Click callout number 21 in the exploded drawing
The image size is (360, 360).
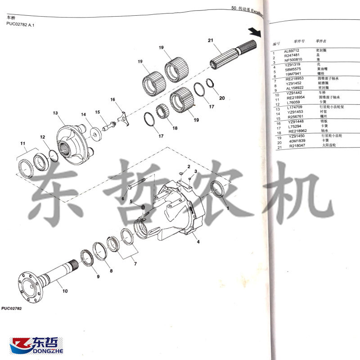pos(210,41)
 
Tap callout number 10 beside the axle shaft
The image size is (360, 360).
pos(65,291)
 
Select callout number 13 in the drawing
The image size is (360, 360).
pos(55,113)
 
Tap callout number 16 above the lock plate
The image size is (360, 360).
pos(112,99)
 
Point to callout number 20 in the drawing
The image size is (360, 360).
pos(221,98)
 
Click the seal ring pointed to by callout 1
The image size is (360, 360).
pos(218,188)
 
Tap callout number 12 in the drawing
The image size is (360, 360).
pos(42,137)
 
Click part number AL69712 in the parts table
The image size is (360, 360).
pos(292,51)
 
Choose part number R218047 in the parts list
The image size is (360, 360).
pos(297,146)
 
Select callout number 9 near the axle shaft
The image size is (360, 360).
pos(98,276)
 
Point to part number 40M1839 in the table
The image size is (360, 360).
pos(297,141)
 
